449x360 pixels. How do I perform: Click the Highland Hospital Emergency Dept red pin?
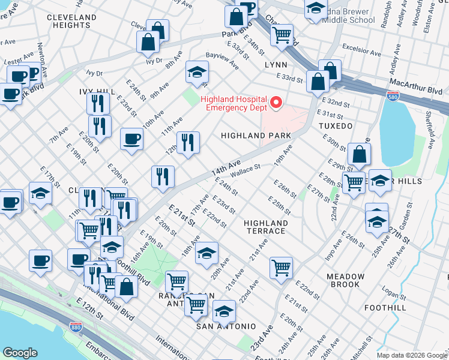tap(276, 103)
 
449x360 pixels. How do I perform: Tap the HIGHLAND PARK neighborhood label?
tap(256, 136)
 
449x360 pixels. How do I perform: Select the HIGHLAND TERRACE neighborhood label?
tap(265, 227)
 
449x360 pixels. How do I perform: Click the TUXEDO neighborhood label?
tap(335, 126)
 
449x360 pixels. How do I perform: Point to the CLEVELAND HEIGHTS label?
tap(71, 21)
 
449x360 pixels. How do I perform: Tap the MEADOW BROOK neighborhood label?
tap(345, 280)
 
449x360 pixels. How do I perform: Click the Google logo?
tap(20, 353)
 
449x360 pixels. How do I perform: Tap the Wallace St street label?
tap(245, 171)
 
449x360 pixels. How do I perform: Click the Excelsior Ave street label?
tap(361, 49)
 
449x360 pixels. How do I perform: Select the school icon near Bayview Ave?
tap(196, 73)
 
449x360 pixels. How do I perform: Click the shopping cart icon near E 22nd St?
tap(281, 267)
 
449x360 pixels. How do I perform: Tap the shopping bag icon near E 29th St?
tap(358, 154)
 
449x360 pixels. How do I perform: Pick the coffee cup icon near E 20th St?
tap(131, 139)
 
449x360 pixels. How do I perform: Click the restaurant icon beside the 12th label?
tap(188, 142)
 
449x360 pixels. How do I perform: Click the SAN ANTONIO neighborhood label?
tap(226, 326)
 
